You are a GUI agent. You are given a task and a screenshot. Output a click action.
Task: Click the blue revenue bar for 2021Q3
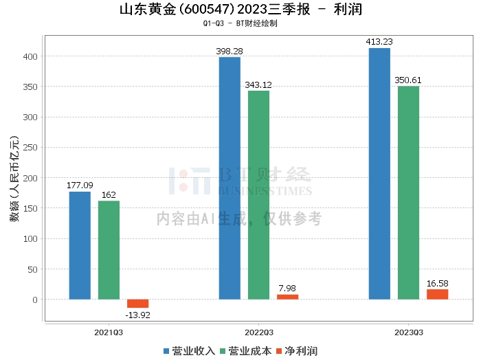point(80,245)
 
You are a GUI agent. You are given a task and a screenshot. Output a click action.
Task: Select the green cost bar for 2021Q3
point(109,250)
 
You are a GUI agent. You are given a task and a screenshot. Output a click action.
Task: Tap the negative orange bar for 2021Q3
point(137,304)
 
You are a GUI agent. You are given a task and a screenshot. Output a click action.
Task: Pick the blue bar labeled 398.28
point(230,178)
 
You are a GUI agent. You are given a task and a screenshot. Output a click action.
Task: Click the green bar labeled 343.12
point(258,195)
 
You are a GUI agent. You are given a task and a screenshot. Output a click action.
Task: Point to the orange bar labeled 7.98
point(287,297)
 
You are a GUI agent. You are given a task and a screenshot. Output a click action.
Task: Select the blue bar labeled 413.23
point(379,173)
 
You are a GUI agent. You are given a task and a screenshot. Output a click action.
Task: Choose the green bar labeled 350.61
point(408,192)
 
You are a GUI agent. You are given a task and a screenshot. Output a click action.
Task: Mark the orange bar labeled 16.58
point(437,294)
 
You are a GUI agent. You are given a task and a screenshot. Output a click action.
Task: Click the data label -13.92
point(137,315)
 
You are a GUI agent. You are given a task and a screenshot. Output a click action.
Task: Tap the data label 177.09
point(80,185)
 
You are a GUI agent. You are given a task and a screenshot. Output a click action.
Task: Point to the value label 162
point(109,194)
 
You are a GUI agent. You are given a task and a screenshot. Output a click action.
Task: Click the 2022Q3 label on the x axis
point(258,332)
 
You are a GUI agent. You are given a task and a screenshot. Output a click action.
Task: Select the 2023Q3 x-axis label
point(408,332)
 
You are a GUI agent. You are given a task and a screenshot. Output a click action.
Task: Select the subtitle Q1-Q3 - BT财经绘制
point(240,23)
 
